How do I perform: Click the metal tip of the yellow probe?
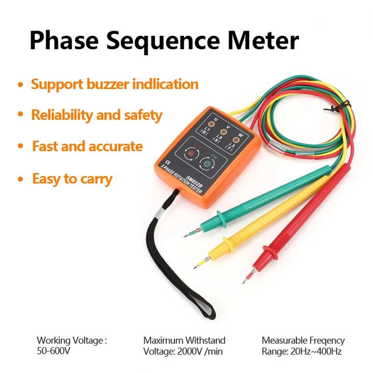click(197, 266)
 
